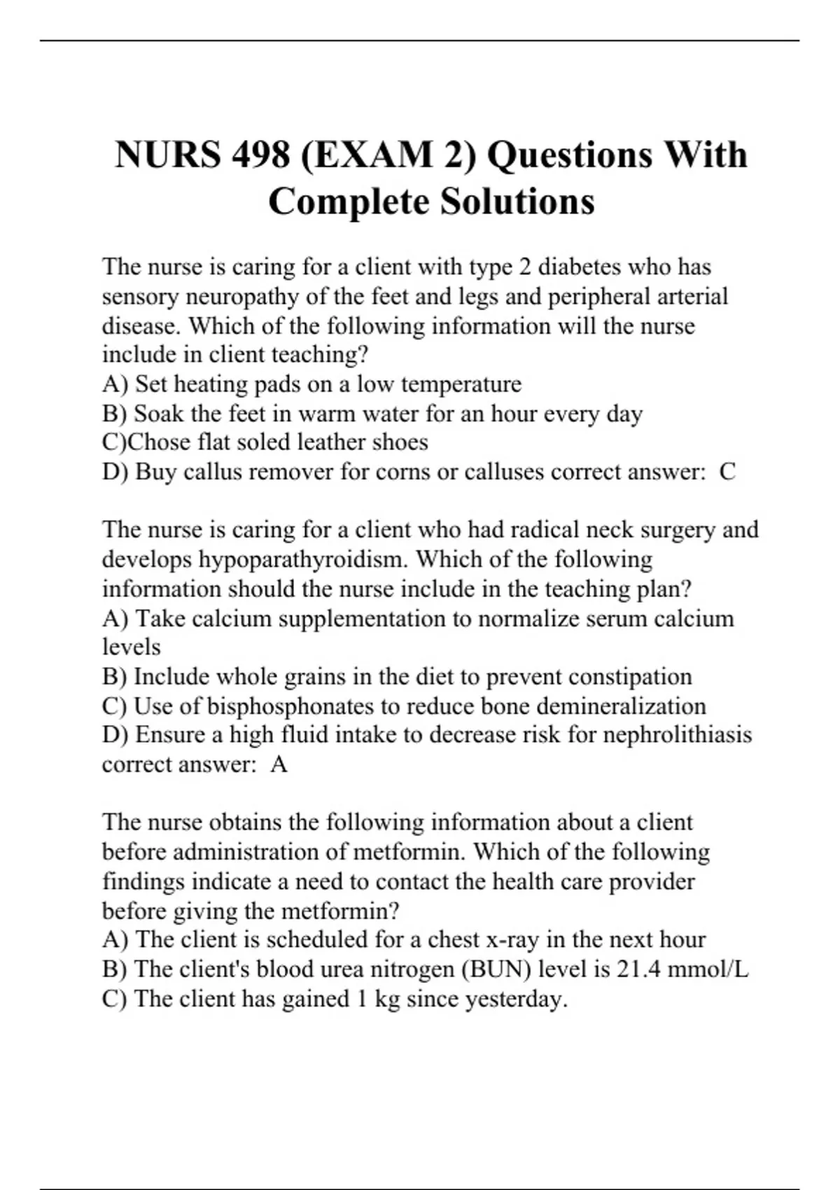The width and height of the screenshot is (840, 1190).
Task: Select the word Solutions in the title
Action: (x=517, y=202)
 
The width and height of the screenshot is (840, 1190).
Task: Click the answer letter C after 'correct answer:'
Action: (x=727, y=472)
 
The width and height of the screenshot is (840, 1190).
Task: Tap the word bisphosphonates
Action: (x=290, y=706)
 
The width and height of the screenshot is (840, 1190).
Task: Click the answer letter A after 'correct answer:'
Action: (x=279, y=764)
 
